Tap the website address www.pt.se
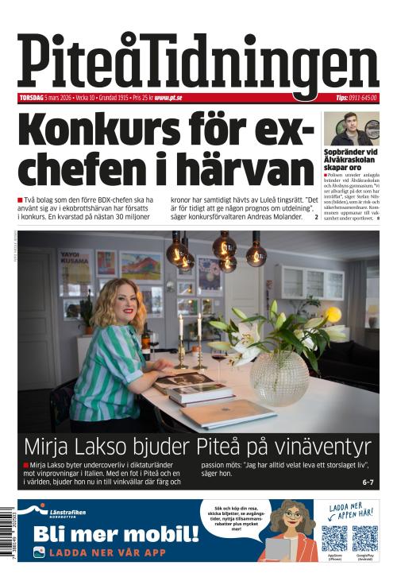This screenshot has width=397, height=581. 168,98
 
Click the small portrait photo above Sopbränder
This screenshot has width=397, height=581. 351,128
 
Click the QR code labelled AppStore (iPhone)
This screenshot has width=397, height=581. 334,538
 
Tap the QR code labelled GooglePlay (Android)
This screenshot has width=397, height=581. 365,538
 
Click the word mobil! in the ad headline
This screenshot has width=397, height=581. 159,532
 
